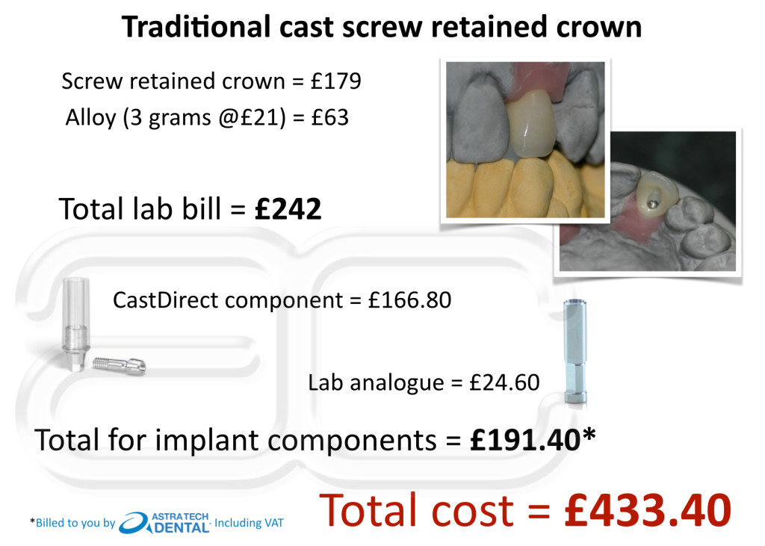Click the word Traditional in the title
(x=196, y=27)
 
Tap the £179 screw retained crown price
(x=335, y=81)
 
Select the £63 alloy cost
(x=329, y=117)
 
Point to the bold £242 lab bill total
(x=288, y=209)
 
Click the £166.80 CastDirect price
(x=409, y=300)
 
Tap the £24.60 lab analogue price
(x=504, y=382)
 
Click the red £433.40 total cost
(x=648, y=510)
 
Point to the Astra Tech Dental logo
(x=164, y=523)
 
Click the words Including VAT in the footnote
(x=249, y=523)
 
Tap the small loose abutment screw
(x=119, y=365)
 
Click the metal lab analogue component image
(x=575, y=352)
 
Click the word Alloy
(x=90, y=117)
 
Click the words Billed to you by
(x=75, y=523)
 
